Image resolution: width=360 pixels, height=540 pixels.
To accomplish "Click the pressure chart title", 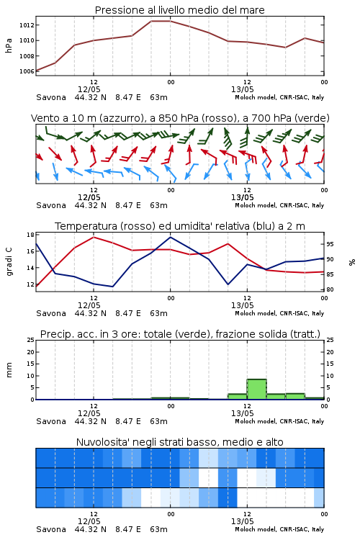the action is [179, 10].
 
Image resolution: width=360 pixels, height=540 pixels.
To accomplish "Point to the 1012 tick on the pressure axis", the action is [27, 25].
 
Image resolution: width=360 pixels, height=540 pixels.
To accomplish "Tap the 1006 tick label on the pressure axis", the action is [27, 71].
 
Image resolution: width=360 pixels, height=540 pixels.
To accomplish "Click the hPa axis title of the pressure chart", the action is [9, 45].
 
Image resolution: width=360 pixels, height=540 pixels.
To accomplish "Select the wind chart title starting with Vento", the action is [180, 118].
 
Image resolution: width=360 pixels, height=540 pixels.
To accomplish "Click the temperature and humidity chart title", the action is [180, 226].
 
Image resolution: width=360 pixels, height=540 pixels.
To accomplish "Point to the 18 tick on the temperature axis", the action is [30, 235].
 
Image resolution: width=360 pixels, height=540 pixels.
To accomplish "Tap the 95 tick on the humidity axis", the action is [330, 244].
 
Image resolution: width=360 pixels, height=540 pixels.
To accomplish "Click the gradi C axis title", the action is [9, 262].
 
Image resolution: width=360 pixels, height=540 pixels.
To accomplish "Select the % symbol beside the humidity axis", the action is [352, 262].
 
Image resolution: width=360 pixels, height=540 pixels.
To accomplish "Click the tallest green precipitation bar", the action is [256, 389].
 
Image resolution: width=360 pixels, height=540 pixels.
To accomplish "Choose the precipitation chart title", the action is [180, 334].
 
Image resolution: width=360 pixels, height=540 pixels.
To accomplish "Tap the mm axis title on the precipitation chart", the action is [9, 370].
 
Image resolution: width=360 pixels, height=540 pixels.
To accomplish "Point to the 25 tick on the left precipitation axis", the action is [31, 340].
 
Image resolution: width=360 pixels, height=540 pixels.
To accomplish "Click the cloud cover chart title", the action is [179, 442].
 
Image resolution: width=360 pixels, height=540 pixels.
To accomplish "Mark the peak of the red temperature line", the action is [94, 237].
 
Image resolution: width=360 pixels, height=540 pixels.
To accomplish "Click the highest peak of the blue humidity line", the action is [170, 237].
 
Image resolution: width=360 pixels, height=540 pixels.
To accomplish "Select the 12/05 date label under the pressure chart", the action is [89, 89].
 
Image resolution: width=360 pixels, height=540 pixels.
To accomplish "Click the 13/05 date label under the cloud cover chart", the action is [242, 521].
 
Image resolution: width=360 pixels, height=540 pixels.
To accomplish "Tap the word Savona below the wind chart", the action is [51, 205].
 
